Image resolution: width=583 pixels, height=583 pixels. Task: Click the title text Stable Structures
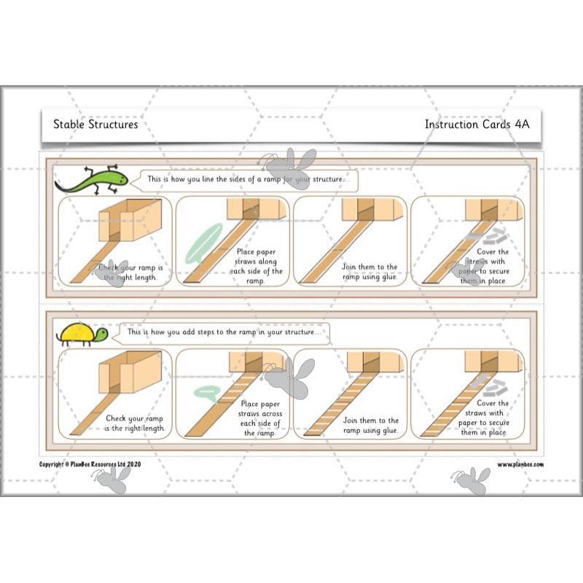95,124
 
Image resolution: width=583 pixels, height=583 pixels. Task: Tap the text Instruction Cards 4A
477,124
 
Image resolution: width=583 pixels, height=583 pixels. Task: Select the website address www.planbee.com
520,464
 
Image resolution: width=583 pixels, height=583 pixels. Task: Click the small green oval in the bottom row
206,394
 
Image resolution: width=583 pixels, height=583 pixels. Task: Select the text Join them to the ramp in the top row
369,271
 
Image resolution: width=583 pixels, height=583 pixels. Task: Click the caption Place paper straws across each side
261,418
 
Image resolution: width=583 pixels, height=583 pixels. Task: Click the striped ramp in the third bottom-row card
332,408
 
